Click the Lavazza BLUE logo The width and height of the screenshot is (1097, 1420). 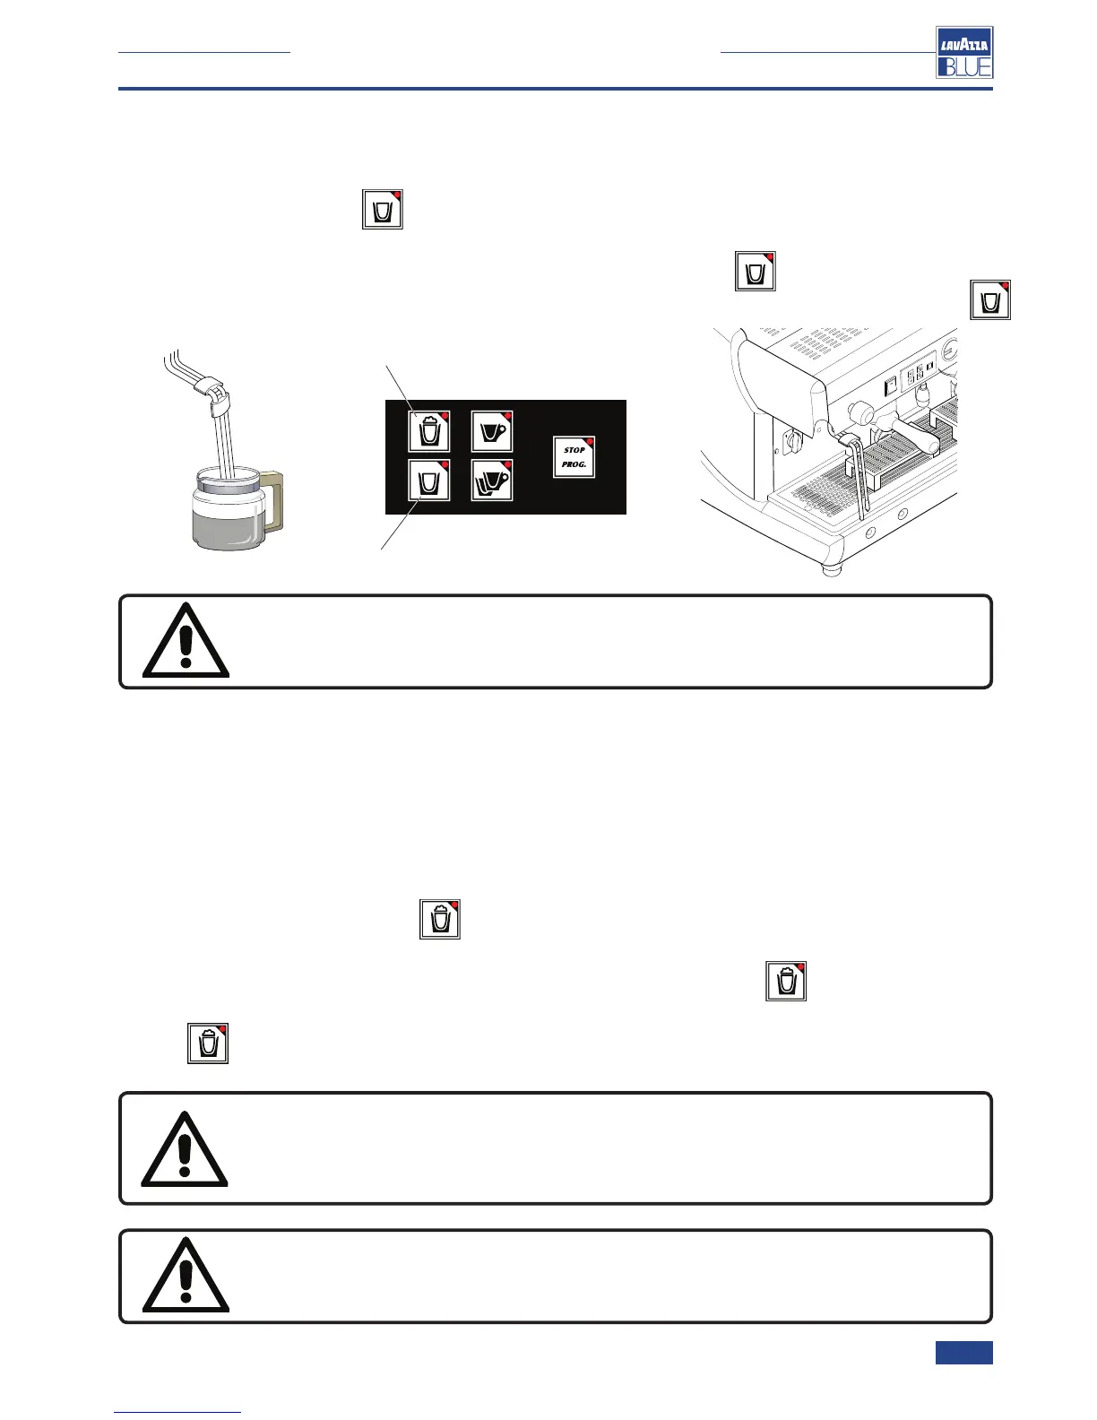(x=964, y=52)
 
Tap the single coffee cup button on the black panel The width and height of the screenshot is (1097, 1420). (x=492, y=431)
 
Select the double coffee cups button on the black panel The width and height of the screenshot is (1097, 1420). (x=492, y=481)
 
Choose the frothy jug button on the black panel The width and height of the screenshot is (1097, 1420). (x=429, y=431)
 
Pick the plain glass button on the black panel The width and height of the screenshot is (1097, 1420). (x=429, y=481)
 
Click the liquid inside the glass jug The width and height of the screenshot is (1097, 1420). (x=229, y=520)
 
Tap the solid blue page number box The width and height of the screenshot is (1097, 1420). (x=963, y=1352)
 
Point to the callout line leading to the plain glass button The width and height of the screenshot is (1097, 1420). (x=399, y=524)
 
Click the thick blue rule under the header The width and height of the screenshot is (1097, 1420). (x=556, y=89)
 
